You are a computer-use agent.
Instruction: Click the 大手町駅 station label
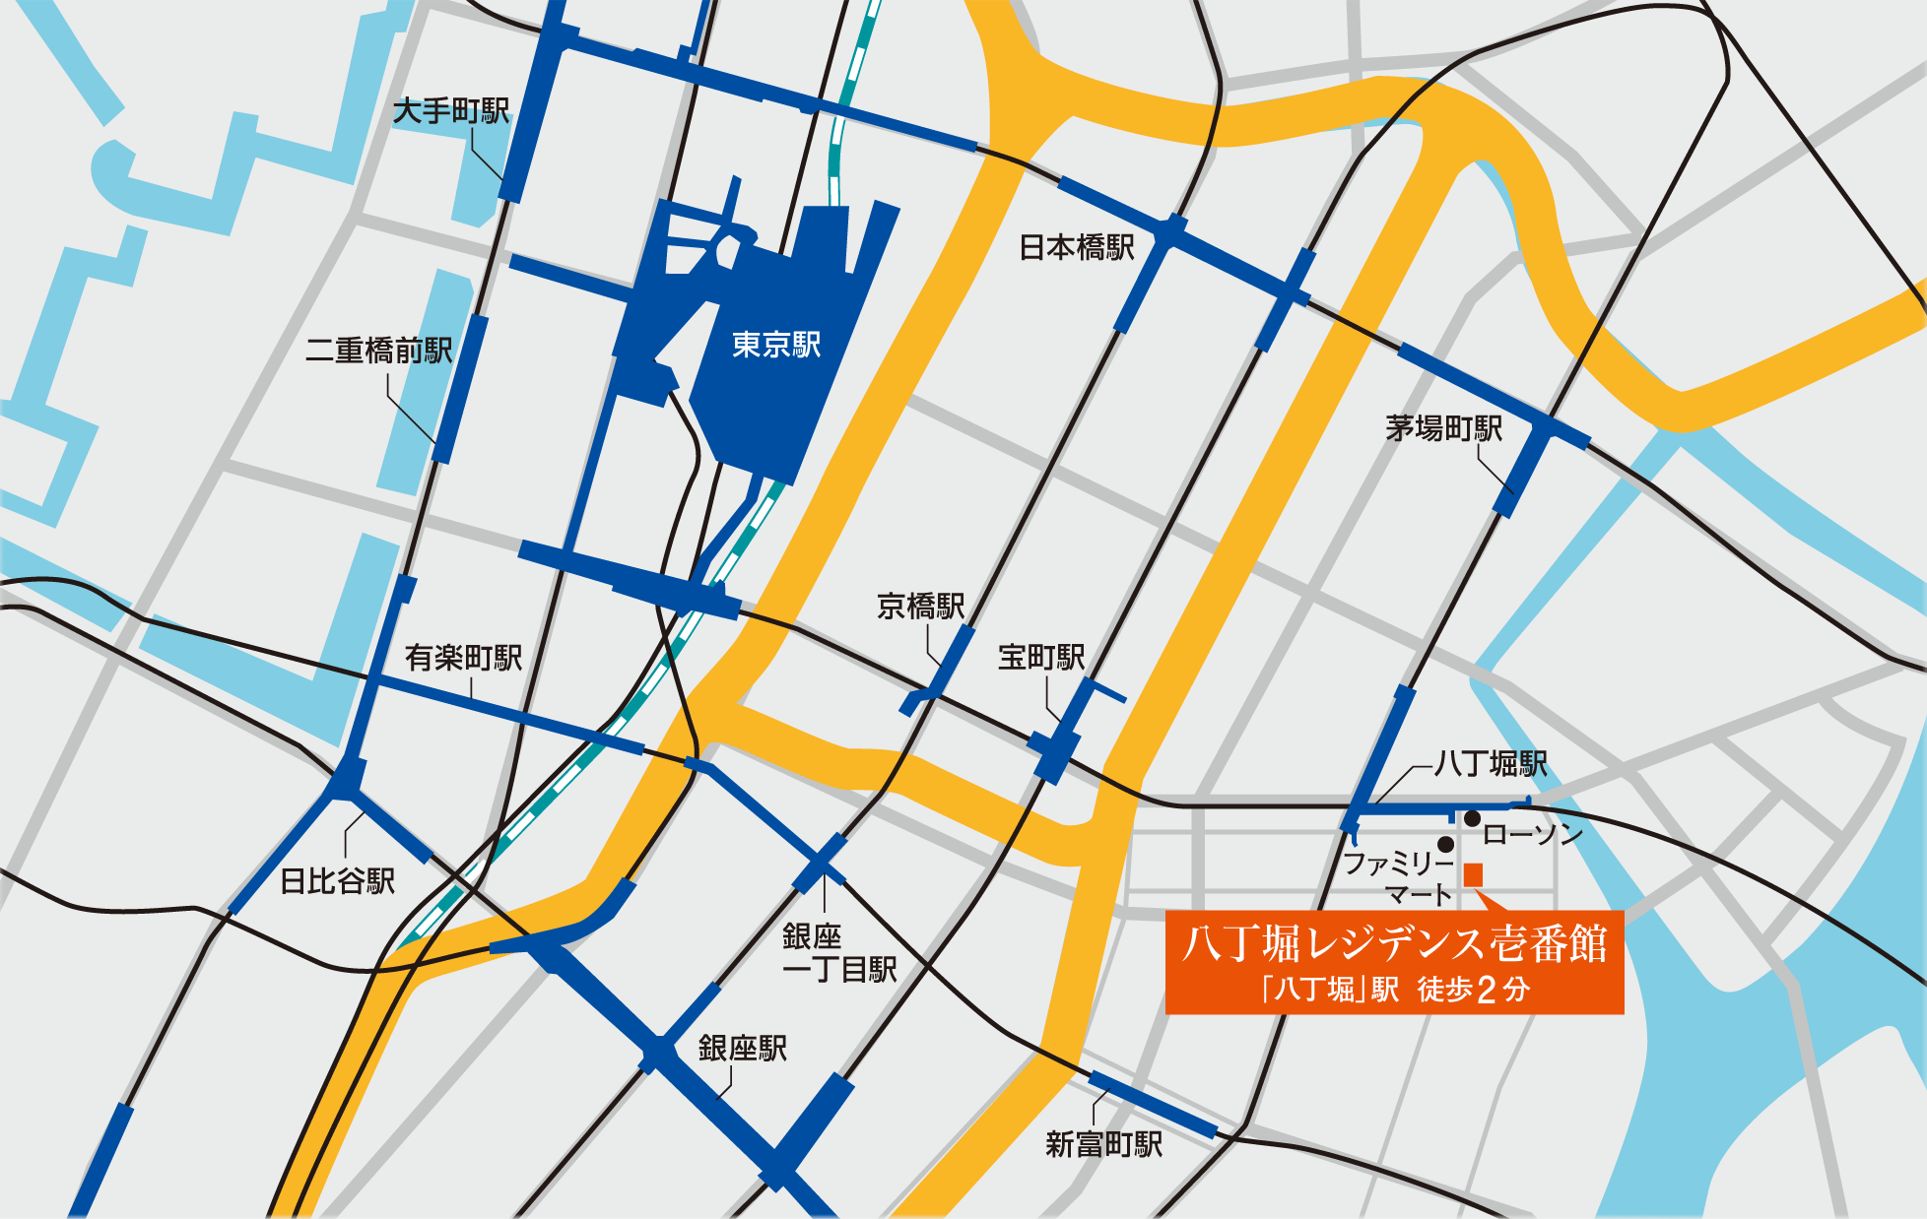(x=451, y=111)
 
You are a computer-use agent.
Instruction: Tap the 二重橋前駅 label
(x=379, y=350)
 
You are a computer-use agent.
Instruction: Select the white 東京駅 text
(x=776, y=345)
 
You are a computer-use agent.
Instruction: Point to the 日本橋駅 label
(x=1077, y=247)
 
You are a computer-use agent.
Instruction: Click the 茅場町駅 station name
(x=1444, y=428)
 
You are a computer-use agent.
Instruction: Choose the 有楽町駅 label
(x=463, y=658)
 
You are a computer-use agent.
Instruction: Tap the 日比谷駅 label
(x=338, y=880)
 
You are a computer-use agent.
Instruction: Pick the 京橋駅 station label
(x=921, y=606)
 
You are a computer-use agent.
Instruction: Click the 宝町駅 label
(x=1041, y=657)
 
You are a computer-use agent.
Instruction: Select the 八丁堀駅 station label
(x=1492, y=763)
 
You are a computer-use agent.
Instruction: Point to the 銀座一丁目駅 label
(x=839, y=953)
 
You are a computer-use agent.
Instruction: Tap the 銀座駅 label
(x=743, y=1048)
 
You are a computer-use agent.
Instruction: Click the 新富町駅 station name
(x=1104, y=1144)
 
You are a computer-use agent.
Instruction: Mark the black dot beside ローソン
(x=1472, y=818)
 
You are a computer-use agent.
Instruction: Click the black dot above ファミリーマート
(x=1445, y=844)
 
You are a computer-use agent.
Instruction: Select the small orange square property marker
(x=1474, y=874)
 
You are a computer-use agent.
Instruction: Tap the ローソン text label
(x=1532, y=835)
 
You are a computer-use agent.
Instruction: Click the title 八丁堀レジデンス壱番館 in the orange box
(x=1394, y=943)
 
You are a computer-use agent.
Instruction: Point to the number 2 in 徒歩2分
(x=1488, y=990)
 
